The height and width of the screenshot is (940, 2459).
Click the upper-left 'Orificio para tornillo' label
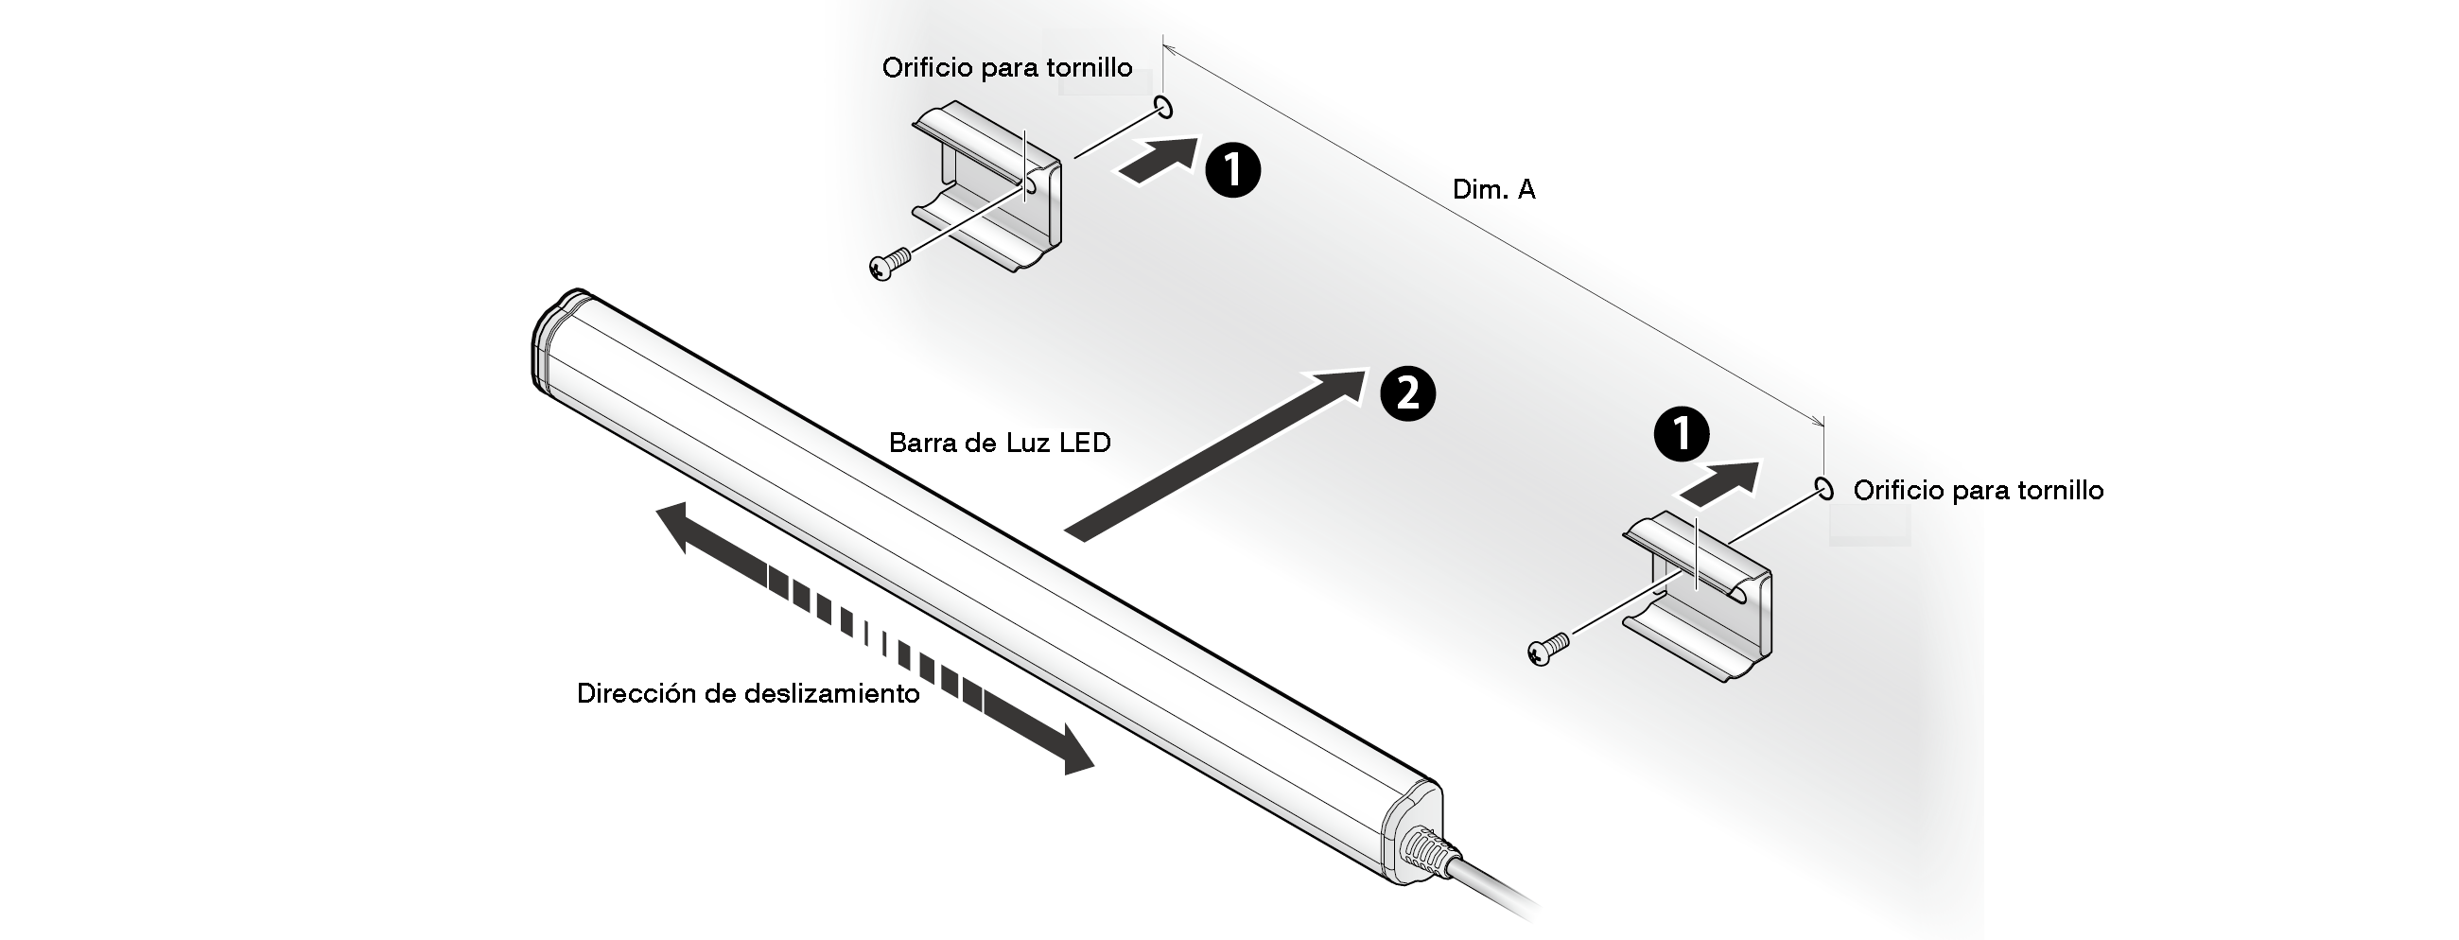(x=1007, y=68)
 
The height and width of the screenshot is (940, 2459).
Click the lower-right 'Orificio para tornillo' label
(x=1978, y=491)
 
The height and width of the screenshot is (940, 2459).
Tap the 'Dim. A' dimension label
(x=1493, y=190)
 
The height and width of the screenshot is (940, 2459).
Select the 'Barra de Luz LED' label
(x=1000, y=443)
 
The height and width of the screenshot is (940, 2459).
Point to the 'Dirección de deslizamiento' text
(x=747, y=694)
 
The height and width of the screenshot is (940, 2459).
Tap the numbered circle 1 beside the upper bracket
(x=1232, y=170)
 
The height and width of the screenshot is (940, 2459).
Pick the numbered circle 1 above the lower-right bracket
(x=1681, y=434)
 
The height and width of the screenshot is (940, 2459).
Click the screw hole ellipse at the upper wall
(x=1163, y=107)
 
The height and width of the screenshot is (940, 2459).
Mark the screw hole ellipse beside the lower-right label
(x=1824, y=489)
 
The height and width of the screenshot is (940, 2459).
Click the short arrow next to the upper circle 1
(x=1156, y=160)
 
